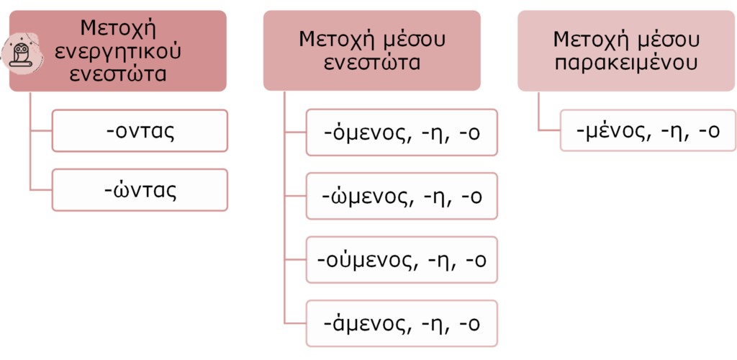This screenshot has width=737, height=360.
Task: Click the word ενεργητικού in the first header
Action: coord(119,52)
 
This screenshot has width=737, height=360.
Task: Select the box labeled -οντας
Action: coord(140,130)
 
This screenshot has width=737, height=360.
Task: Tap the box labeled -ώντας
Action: coord(140,190)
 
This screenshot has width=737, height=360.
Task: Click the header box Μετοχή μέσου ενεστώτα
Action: coord(371,50)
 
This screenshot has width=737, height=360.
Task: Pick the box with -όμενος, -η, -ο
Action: coord(402,132)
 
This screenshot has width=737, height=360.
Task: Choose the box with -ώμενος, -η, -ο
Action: coord(402,196)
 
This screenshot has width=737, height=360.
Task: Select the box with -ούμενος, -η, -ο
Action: coord(402,259)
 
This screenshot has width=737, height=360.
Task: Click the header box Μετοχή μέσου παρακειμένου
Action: coord(626,50)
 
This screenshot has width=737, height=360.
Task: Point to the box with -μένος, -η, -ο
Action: coord(648,130)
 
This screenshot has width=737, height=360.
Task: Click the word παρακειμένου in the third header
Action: coord(626,62)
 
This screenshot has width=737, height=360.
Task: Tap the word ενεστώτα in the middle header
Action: coord(371,62)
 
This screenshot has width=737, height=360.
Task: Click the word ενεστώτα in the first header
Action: coord(119,74)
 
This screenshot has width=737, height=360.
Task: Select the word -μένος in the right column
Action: coord(612,130)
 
